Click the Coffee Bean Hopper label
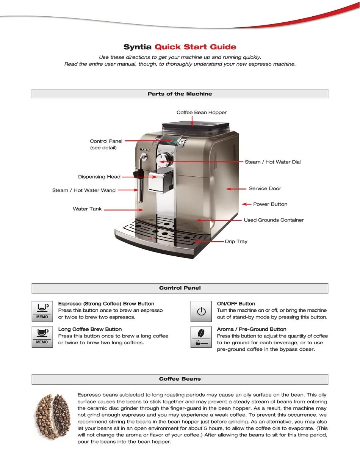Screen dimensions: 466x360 202,113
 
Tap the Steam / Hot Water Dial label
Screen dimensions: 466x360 272,162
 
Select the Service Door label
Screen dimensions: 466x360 265,188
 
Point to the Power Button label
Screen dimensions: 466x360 270,204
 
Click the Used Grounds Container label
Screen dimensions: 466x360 274,220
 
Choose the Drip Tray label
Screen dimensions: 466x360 236,242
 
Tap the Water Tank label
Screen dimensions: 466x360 87,209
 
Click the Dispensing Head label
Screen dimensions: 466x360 99,177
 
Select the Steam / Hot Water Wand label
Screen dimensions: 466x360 84,190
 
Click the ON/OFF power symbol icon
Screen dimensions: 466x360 201,312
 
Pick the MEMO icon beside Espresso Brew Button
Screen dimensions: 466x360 42,311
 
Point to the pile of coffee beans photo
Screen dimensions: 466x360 53,417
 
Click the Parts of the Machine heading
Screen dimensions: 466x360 180,94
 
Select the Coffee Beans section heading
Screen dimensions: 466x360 180,379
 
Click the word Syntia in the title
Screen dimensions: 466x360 138,47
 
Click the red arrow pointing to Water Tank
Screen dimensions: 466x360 124,209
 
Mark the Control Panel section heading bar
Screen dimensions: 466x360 180,288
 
